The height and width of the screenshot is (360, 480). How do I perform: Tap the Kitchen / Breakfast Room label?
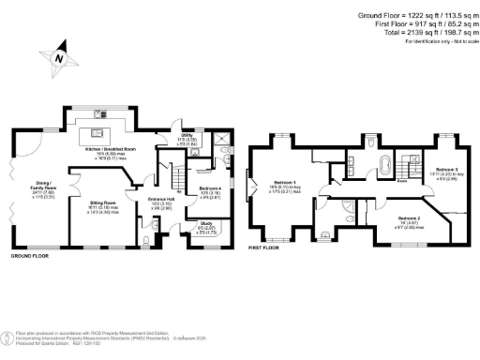111,149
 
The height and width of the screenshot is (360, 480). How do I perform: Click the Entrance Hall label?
162,200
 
